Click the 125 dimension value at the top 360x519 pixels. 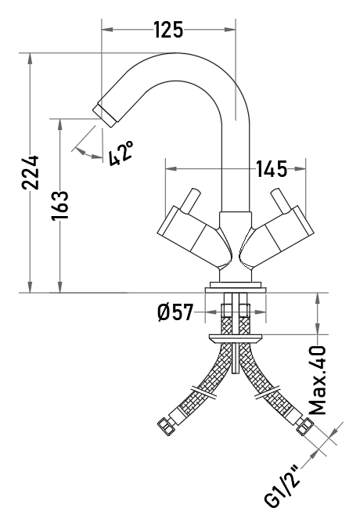[x=168, y=30]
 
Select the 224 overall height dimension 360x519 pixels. [x=31, y=172]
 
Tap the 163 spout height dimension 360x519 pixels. [x=60, y=206]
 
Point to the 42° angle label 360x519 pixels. [x=121, y=153]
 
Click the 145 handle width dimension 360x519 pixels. [x=272, y=169]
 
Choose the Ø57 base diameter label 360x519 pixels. [x=175, y=312]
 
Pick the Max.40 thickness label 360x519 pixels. [x=318, y=380]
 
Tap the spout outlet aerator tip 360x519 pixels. [x=105, y=116]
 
